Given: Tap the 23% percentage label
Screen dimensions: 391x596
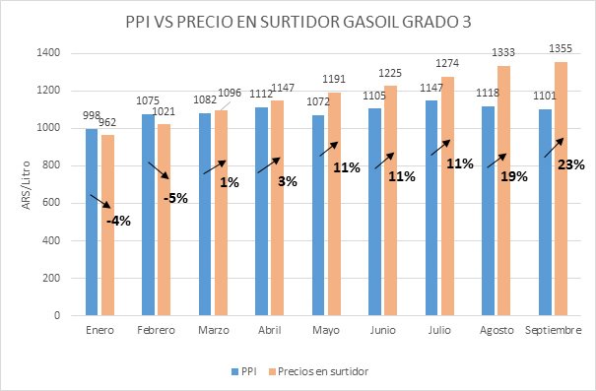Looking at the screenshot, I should pos(564,163).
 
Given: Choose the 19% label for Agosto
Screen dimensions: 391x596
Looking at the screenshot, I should pos(514,177).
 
